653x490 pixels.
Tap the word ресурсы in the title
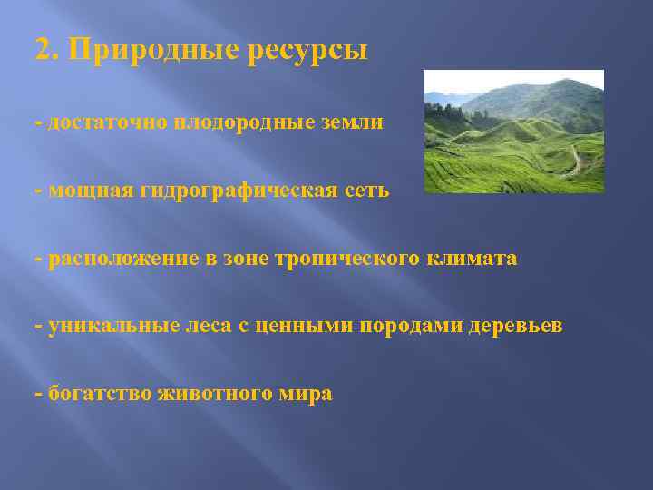tap(306, 51)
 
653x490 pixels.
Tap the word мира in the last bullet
tap(306, 395)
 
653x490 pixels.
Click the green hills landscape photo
tap(514, 132)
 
